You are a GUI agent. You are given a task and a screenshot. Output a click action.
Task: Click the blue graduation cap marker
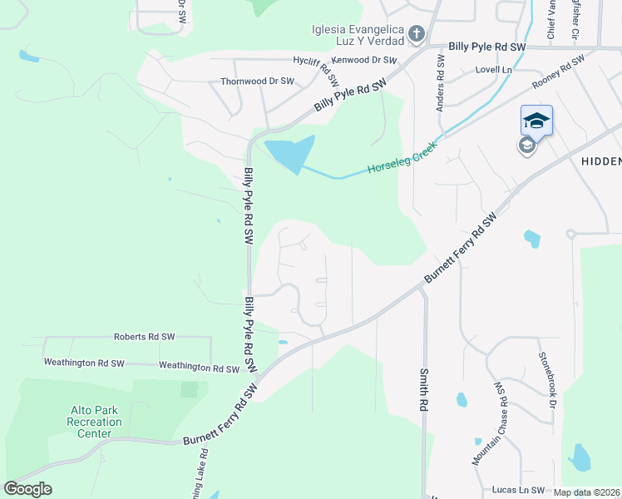point(536,121)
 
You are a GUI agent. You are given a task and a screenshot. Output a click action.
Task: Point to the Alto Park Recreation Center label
point(95,422)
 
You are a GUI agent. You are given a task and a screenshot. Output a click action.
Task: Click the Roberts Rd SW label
point(144,337)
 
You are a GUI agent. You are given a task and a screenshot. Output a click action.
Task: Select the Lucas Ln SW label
point(518,491)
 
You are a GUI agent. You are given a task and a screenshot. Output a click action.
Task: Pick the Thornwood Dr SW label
point(257,82)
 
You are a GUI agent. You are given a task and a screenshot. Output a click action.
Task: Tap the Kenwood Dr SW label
point(364,61)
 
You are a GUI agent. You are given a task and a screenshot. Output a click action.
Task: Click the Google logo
point(27,489)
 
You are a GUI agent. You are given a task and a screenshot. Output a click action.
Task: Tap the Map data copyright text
point(586,492)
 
